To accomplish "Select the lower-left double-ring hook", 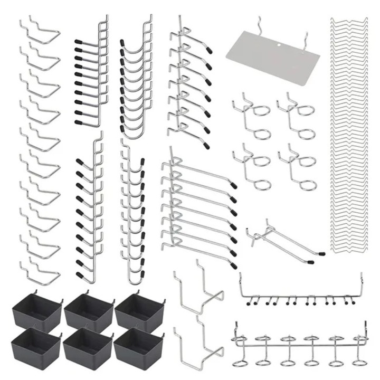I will point(251,164).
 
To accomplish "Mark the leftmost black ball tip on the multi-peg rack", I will point(248,304).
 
